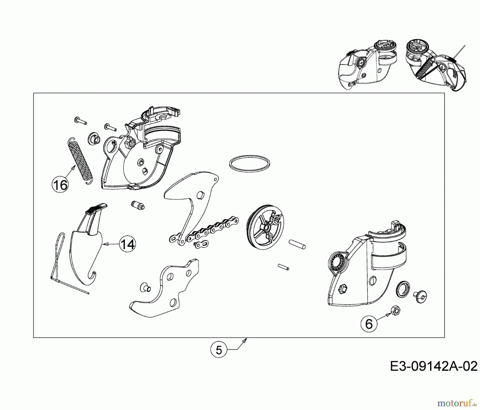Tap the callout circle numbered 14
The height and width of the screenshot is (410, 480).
(x=127, y=244)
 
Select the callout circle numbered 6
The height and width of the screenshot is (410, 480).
(x=369, y=324)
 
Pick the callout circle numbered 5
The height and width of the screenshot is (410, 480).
(x=219, y=350)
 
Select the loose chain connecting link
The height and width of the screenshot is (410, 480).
(x=201, y=244)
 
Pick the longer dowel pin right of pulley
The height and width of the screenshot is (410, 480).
(x=297, y=244)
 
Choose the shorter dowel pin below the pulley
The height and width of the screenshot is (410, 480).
(x=283, y=267)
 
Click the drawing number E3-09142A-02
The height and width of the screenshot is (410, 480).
(x=434, y=366)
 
